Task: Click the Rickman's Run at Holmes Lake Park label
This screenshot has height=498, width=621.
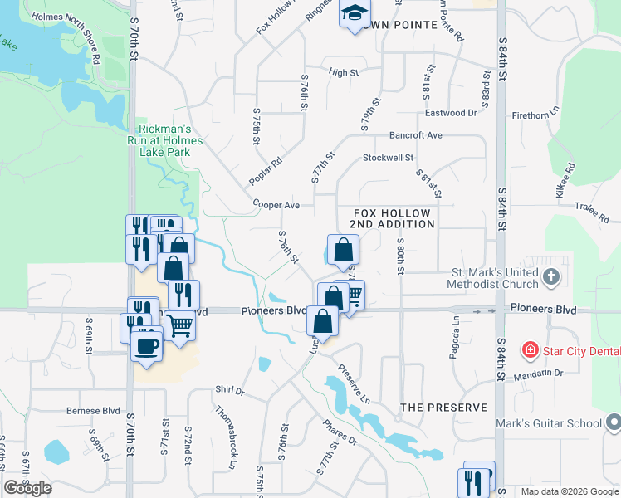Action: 169,140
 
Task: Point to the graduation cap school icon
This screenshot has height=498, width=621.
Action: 354,14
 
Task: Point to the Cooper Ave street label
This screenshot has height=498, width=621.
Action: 276,204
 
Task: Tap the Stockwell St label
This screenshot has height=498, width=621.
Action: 388,157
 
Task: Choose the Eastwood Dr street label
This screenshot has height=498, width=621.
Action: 451,113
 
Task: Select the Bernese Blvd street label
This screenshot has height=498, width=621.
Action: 94,411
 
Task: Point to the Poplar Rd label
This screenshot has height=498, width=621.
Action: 266,171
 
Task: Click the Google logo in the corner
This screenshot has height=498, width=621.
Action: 28,488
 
